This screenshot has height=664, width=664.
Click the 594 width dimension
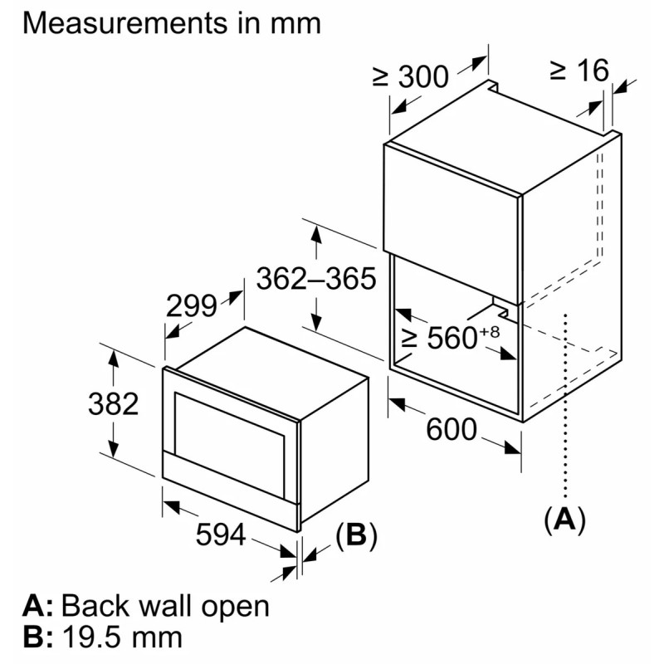tap(220, 536)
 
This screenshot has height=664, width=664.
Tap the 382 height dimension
tap(112, 404)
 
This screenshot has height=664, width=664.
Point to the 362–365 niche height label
tap(316, 279)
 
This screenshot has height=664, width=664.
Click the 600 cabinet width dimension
tap(452, 430)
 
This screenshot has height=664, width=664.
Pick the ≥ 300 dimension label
tap(410, 76)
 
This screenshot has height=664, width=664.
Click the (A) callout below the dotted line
tap(564, 520)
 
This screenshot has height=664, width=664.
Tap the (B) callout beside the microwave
tap(356, 536)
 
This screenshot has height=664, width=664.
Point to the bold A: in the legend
tap(38, 606)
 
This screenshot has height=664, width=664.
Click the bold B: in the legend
tap(38, 637)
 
